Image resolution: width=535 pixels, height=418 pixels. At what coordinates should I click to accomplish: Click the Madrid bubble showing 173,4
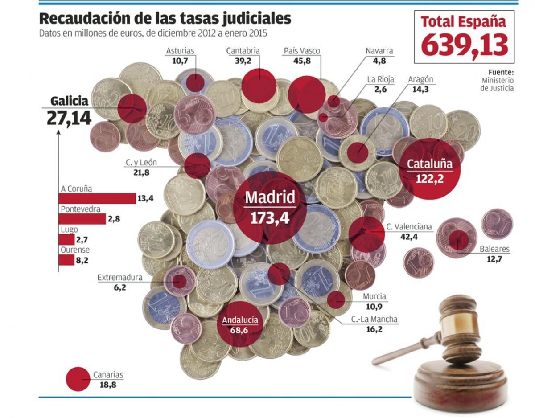[x=270, y=207]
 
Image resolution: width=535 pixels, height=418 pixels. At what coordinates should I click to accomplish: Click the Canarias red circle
[x=78, y=379]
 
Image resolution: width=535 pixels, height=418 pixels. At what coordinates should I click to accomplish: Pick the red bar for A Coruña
[x=97, y=198]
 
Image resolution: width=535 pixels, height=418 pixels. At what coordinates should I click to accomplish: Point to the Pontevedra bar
[x=82, y=219]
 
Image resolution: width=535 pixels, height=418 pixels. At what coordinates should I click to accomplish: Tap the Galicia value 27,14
[x=69, y=119]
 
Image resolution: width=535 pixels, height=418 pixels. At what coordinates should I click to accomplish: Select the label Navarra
[x=379, y=51]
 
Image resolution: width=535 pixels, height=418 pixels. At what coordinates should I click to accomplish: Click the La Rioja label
[x=380, y=80]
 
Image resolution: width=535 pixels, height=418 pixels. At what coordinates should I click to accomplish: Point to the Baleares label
[x=494, y=249]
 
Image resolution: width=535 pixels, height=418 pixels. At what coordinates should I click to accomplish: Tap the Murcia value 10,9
[x=374, y=307]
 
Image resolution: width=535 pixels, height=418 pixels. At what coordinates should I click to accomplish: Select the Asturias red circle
[x=195, y=83]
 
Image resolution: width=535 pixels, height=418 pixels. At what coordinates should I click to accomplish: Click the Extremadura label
[x=120, y=278]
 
